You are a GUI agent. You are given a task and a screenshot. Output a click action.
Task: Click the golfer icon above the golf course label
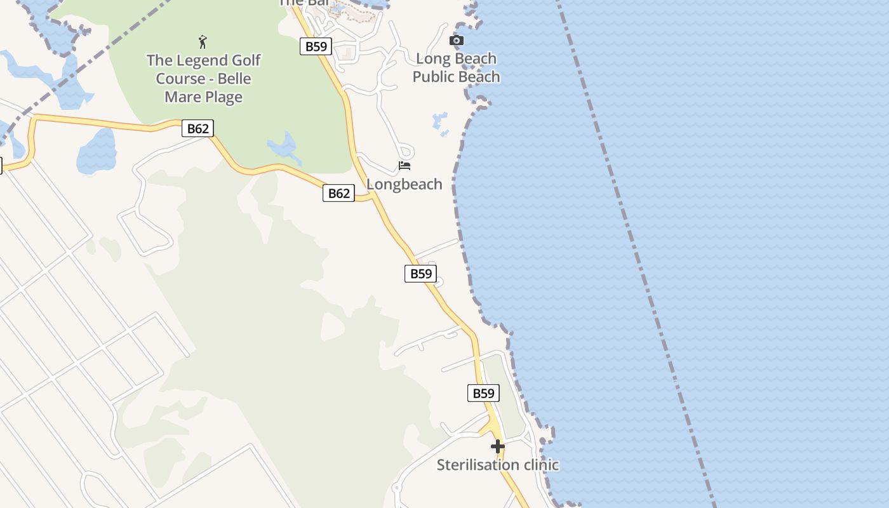[203, 42]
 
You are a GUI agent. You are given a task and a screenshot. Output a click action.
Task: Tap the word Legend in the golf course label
[203, 61]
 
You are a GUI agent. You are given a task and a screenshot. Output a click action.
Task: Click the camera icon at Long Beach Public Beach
[456, 41]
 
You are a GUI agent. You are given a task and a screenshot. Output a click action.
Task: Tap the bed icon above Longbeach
[404, 166]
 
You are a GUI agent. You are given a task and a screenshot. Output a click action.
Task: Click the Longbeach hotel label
[404, 184]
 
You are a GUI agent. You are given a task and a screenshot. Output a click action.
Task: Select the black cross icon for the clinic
[498, 446]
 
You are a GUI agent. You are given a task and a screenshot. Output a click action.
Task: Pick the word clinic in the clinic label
[537, 465]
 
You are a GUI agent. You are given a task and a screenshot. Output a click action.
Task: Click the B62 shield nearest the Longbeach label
[338, 193]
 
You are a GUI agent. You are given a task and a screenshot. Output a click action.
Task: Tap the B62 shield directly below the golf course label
[197, 128]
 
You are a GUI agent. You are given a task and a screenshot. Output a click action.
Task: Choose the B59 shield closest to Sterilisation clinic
[483, 393]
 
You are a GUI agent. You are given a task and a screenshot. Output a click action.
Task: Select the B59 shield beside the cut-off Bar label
[316, 46]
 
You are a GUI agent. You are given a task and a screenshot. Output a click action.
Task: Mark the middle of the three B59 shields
[420, 274]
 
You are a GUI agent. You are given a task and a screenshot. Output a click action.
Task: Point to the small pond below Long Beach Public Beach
[439, 123]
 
